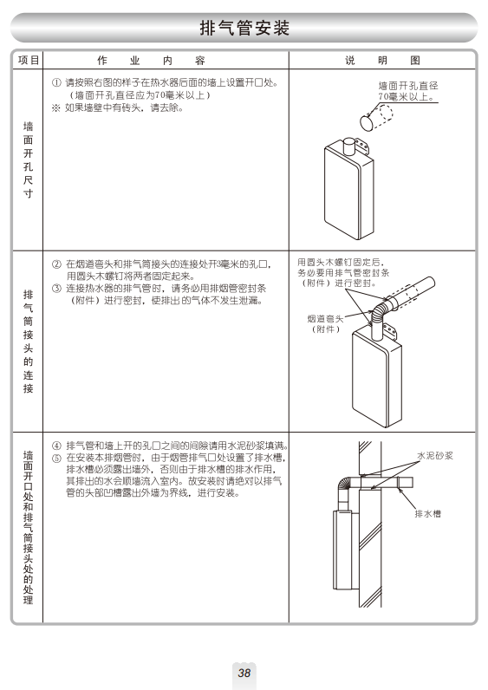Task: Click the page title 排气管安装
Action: click(x=244, y=28)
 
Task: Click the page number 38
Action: click(x=244, y=673)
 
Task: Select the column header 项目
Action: click(x=29, y=60)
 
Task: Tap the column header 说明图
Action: click(x=382, y=60)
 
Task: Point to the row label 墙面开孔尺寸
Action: click(x=28, y=160)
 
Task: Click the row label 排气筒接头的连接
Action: click(x=28, y=342)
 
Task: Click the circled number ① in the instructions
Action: click(x=56, y=82)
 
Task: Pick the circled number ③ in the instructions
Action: click(x=56, y=289)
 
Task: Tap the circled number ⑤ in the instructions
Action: click(x=56, y=458)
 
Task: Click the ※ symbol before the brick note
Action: click(x=55, y=107)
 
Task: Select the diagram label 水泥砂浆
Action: click(x=435, y=456)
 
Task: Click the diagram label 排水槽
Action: click(x=427, y=513)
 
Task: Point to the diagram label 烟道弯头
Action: click(x=325, y=319)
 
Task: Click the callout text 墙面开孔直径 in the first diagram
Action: click(x=408, y=86)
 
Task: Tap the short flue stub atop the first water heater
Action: click(x=349, y=146)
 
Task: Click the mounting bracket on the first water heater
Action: click(x=361, y=146)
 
